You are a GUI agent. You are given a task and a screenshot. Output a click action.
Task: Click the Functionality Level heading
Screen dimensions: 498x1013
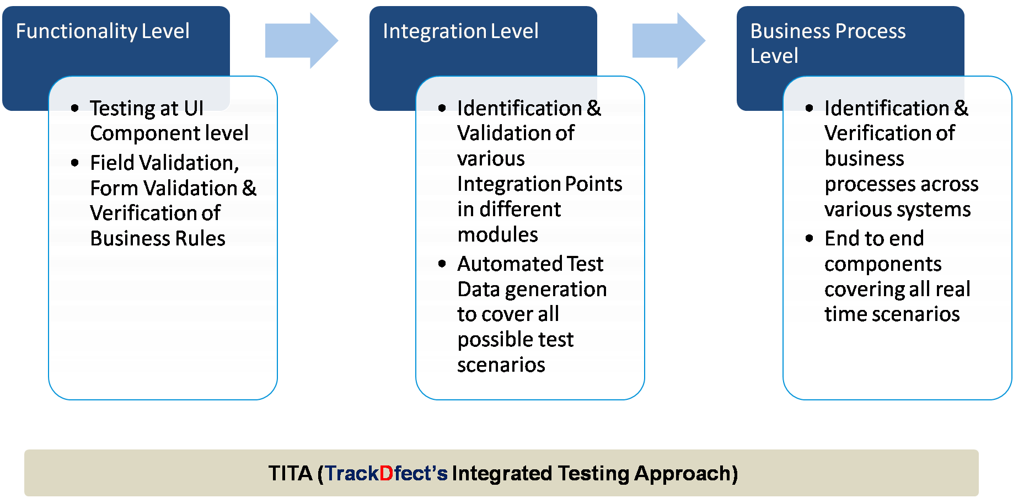pyautogui.click(x=103, y=31)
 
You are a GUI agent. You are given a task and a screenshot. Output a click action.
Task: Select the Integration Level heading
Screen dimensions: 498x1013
pyautogui.click(x=460, y=31)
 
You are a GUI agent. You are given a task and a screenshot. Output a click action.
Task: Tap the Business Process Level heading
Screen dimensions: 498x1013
pyautogui.click(x=828, y=43)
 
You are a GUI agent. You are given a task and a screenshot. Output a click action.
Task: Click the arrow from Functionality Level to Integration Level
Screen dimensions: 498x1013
pyautogui.click(x=301, y=41)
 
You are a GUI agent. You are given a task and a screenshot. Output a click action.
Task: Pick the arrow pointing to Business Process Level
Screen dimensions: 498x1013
pyautogui.click(x=668, y=41)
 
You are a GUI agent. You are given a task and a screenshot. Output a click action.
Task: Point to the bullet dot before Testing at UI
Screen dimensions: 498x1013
pyautogui.click(x=75, y=108)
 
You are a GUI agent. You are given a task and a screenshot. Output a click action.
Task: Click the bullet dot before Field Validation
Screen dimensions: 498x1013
pyautogui.click(x=75, y=163)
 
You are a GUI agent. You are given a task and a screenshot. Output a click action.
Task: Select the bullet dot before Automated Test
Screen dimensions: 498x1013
pyautogui.click(x=442, y=264)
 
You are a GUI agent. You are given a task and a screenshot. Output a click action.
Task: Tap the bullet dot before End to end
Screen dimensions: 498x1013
pyautogui.click(x=810, y=238)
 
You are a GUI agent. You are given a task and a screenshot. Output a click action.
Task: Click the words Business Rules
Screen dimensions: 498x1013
pyautogui.click(x=158, y=239)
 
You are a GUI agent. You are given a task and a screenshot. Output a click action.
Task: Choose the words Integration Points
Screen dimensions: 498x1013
pyautogui.click(x=539, y=184)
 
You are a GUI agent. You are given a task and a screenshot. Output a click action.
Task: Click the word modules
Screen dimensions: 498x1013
pyautogui.click(x=497, y=235)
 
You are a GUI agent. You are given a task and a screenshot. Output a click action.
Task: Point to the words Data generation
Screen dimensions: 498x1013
pyautogui.click(x=532, y=290)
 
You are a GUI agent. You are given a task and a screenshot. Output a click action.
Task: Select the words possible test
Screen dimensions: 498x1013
pyautogui.click(x=516, y=340)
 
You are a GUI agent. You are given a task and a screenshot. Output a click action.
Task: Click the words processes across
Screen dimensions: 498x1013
pyautogui.click(x=901, y=184)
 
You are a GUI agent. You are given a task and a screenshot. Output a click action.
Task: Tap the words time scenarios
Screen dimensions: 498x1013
pyautogui.click(x=892, y=314)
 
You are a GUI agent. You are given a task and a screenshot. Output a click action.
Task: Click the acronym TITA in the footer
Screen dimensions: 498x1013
pyautogui.click(x=290, y=474)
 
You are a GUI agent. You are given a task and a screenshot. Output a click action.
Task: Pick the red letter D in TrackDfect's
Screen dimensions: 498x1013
pyautogui.click(x=386, y=474)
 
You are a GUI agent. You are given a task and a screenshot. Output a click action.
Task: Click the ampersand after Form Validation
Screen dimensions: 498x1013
pyautogui.click(x=249, y=188)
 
